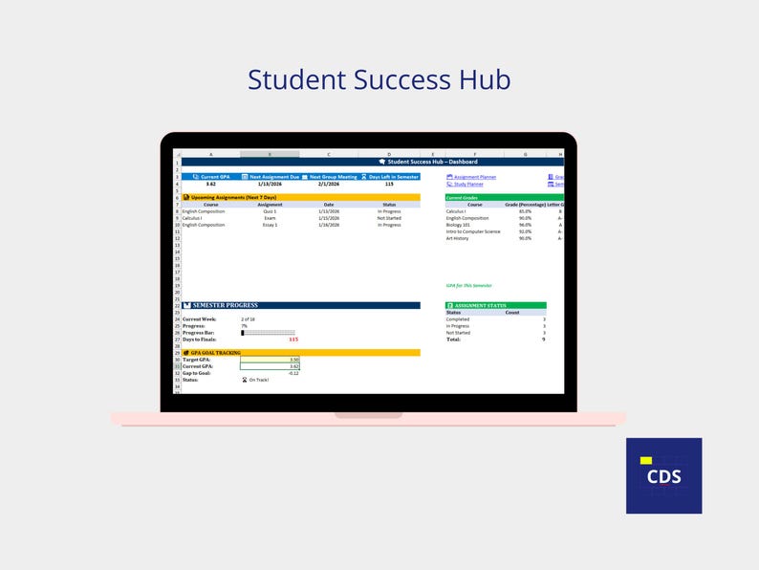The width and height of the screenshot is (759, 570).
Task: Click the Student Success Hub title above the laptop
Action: coord(379,79)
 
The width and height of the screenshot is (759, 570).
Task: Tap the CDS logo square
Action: coord(663,475)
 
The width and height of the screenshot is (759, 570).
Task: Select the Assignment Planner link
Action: coord(474,177)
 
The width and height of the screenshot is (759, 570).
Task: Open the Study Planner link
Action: coord(467,184)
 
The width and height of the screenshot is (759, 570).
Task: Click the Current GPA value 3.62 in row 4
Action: coord(210,184)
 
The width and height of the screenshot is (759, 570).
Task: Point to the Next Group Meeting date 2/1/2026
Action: coord(329,184)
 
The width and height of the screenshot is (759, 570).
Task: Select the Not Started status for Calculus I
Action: coord(389,218)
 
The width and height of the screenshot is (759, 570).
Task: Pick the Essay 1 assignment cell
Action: coord(270,225)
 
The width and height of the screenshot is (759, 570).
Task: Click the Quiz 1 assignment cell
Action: coord(270,211)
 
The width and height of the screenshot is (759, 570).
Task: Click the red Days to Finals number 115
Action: coord(293,340)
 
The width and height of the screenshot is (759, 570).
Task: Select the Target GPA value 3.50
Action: coord(293,359)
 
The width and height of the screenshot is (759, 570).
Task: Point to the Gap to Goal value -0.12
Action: coord(293,372)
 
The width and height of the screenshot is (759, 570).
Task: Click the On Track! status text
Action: coord(258,380)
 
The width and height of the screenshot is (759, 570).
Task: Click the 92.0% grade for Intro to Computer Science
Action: coord(525,231)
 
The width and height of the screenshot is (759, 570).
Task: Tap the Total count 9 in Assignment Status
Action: coord(543,340)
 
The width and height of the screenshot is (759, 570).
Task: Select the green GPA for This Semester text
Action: coord(468,285)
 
